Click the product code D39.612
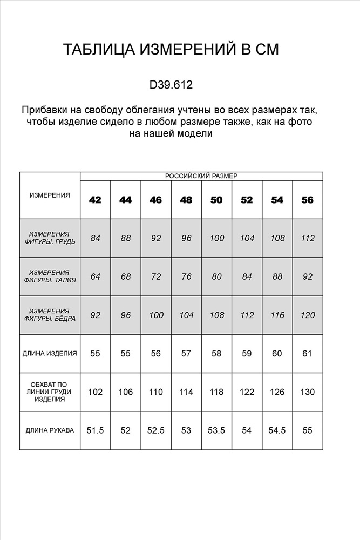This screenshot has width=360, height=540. [171, 85]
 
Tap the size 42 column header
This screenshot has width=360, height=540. [95, 200]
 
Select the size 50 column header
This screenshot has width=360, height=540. [216, 200]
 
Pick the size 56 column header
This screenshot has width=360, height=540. [307, 200]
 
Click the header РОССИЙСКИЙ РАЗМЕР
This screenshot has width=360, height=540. [201, 176]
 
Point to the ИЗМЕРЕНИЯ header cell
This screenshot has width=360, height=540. [50, 195]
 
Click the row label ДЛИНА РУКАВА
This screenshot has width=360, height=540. [50, 430]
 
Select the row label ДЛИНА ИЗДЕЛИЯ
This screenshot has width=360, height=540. [50, 354]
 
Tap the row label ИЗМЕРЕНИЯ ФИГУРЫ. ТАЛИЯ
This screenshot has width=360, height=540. [50, 276]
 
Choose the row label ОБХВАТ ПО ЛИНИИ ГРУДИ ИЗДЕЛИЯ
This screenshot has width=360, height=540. [50, 392]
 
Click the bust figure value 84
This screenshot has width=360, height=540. [96, 238]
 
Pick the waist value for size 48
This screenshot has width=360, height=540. [186, 276]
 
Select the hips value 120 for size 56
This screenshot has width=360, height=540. [307, 315]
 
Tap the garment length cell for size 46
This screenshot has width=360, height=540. [156, 354]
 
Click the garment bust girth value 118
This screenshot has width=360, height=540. [216, 392]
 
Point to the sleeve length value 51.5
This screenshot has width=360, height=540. [95, 430]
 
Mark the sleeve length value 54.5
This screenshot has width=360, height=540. [277, 430]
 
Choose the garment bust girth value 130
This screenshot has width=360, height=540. [307, 392]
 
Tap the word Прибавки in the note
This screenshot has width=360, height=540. [43, 110]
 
